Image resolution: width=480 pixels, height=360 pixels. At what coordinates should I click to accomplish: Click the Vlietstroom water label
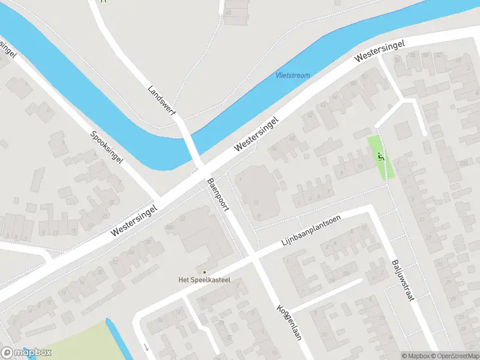293,76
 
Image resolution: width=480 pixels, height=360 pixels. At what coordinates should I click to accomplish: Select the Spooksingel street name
107,148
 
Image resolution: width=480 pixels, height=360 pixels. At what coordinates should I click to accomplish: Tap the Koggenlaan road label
289,322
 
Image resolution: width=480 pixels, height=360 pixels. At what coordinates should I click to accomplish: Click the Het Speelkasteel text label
205,280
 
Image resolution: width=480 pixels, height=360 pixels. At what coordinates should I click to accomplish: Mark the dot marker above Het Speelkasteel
204,272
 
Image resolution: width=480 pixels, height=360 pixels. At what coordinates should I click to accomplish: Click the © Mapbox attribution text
416,356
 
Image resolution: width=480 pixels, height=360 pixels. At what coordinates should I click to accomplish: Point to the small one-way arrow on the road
146,347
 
